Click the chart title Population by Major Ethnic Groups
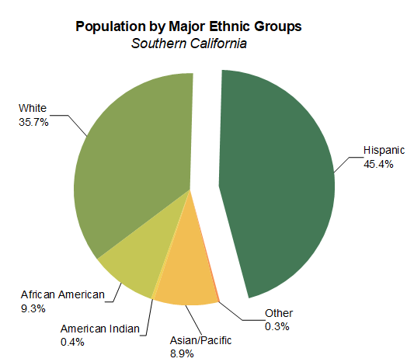click(x=189, y=26)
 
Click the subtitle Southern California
click(x=189, y=44)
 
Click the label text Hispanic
click(x=384, y=151)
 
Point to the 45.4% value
click(x=378, y=164)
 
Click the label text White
click(x=33, y=107)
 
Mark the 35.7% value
click(x=33, y=121)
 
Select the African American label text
click(x=62, y=294)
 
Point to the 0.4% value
click(x=72, y=342)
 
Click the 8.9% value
click(x=181, y=354)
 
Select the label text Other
click(x=279, y=313)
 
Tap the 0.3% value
click(x=277, y=326)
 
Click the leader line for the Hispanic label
click(x=346, y=156)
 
